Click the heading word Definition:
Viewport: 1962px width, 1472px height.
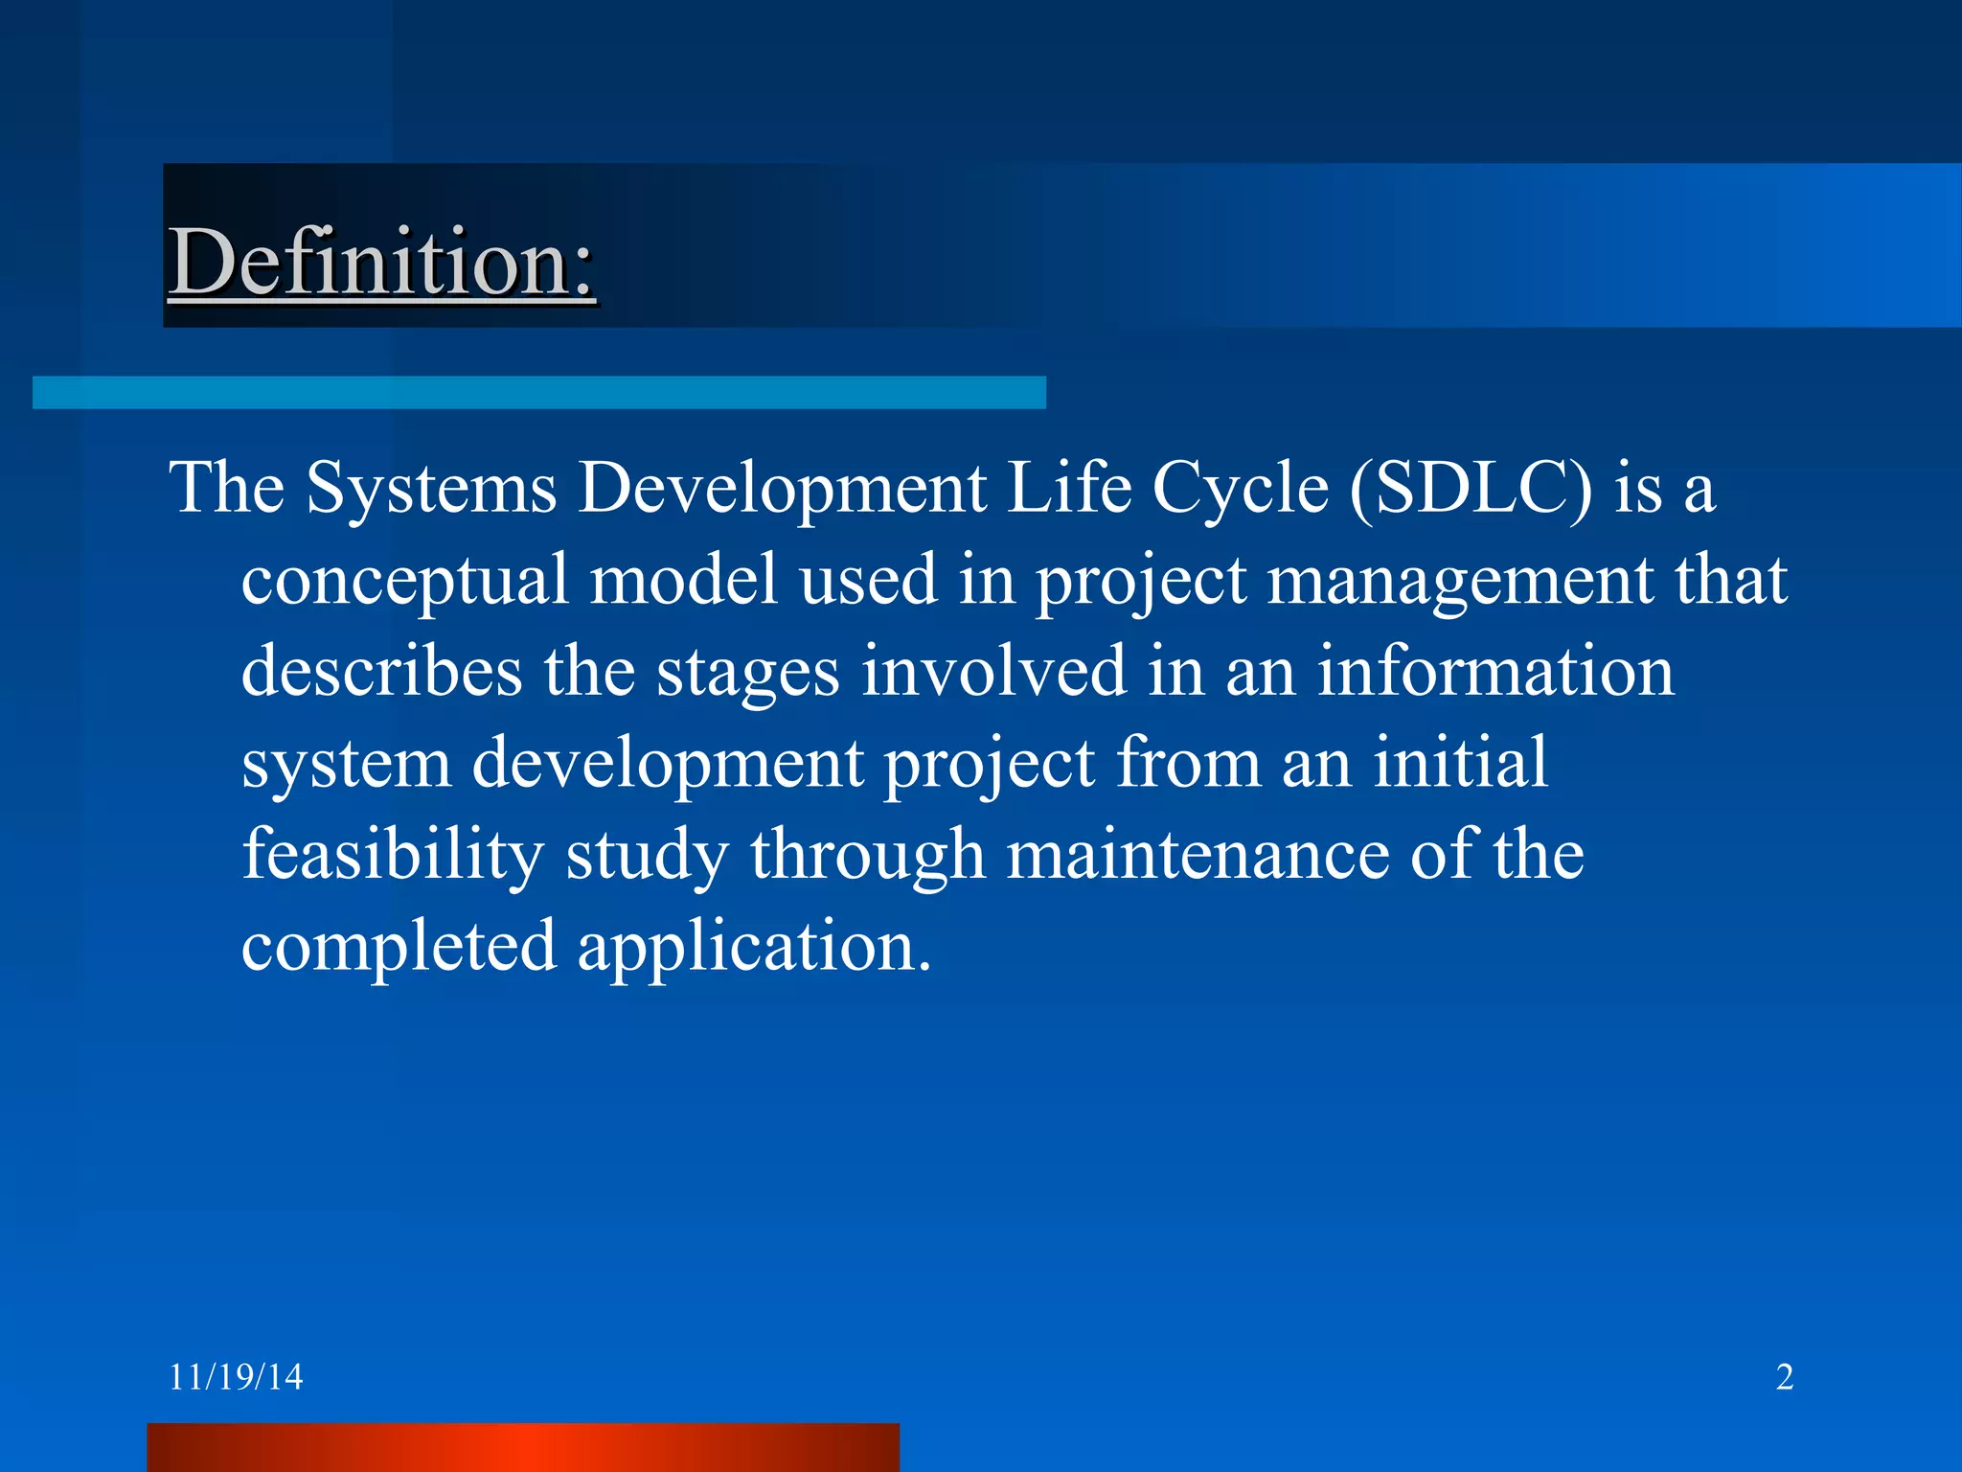coord(381,262)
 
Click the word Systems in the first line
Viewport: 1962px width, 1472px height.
coord(431,489)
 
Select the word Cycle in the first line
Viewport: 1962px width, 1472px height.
coord(1240,489)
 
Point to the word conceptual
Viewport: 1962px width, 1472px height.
coord(404,583)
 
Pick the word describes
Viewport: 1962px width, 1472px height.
coord(381,672)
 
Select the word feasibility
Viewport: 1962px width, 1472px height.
coord(393,856)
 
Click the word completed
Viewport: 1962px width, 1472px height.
coord(399,947)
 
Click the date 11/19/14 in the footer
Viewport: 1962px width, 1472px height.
coord(236,1377)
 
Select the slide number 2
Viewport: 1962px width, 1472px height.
coord(1784,1377)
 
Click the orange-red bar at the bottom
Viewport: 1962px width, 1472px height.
coord(522,1447)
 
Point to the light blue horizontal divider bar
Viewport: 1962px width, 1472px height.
coord(538,392)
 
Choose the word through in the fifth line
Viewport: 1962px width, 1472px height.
coord(867,856)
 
